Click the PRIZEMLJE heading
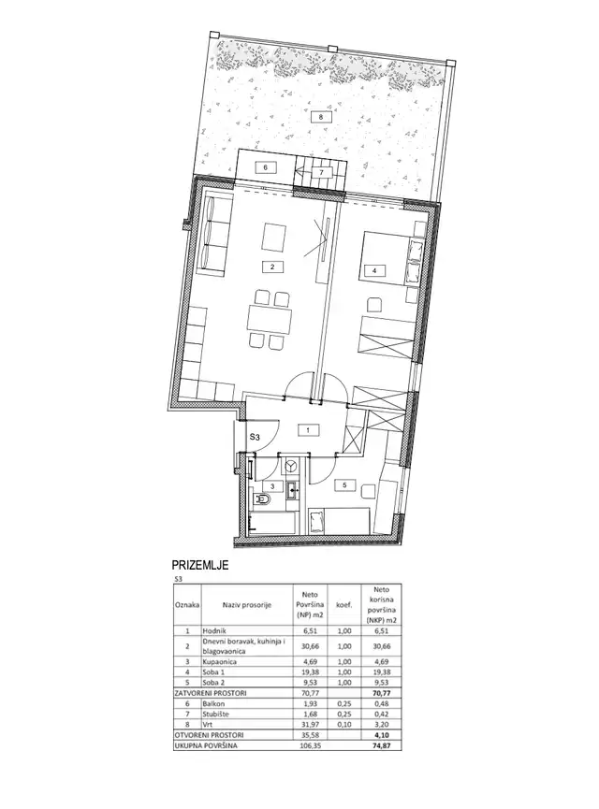[x=200, y=566]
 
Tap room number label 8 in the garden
[x=320, y=117]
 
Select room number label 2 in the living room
[x=270, y=267]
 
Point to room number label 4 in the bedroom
[x=374, y=271]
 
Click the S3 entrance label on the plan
[x=254, y=436]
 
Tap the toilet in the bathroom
[x=264, y=503]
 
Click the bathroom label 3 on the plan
[x=271, y=486]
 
